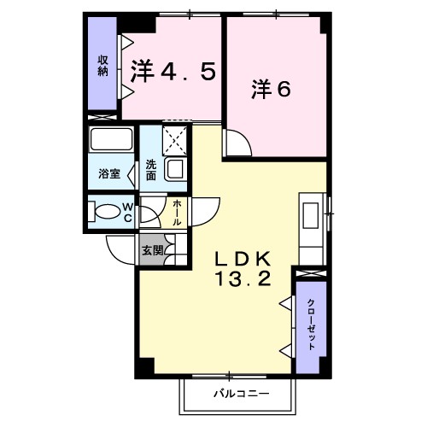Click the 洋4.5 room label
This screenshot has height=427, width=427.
click(172, 71)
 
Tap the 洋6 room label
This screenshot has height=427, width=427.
click(272, 88)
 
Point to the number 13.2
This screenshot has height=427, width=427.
click(242, 278)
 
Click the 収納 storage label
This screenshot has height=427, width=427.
click(102, 65)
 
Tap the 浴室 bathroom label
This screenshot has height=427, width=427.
click(108, 174)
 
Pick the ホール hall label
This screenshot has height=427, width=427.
click(177, 212)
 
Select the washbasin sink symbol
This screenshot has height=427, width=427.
click(175, 168)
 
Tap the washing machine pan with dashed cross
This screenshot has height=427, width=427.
click(175, 139)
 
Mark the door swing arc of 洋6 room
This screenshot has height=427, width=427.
click(238, 146)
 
